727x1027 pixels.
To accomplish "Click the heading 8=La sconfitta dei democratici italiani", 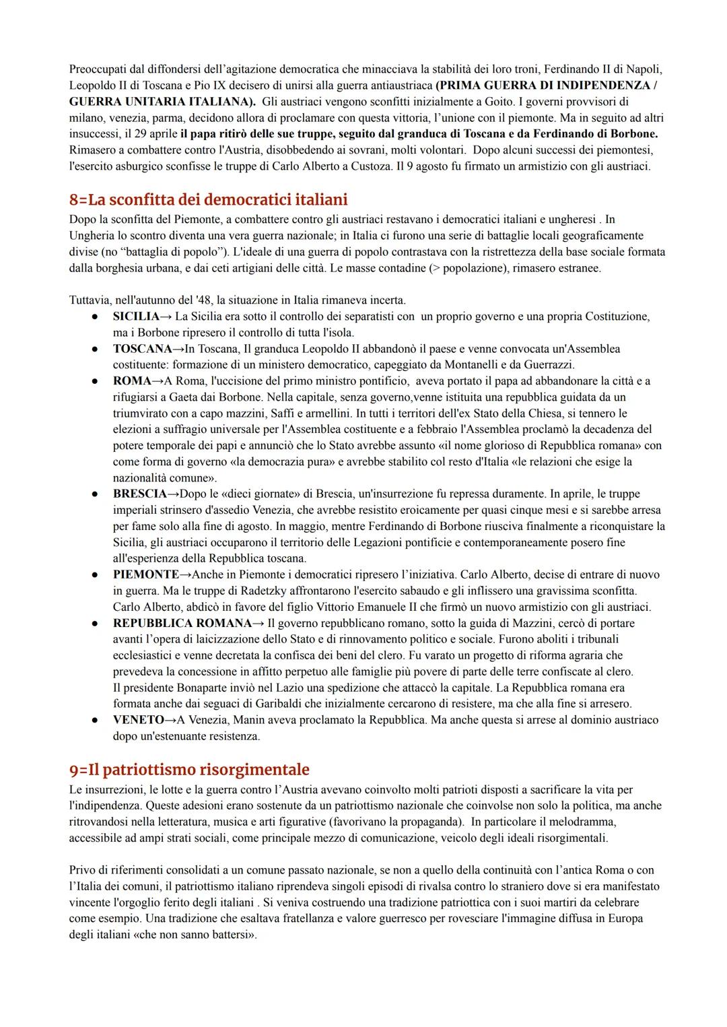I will click(x=208, y=199).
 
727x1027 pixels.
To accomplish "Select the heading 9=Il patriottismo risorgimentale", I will click(x=189, y=769).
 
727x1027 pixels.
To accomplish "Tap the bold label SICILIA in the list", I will click(x=136, y=317).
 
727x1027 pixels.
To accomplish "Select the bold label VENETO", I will click(x=138, y=720).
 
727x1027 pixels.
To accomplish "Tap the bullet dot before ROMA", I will click(x=97, y=381).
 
